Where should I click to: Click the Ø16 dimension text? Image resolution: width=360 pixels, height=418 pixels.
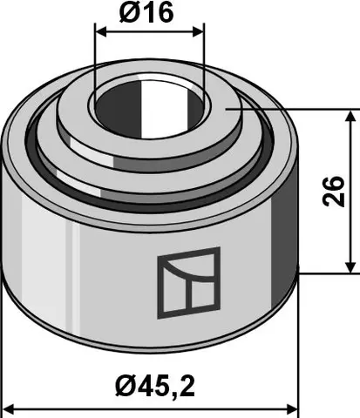149,13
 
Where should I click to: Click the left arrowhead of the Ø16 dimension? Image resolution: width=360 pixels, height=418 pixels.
99,32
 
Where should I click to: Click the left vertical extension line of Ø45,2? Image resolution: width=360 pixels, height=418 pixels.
5,366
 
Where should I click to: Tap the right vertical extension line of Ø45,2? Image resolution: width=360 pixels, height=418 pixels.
298,366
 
